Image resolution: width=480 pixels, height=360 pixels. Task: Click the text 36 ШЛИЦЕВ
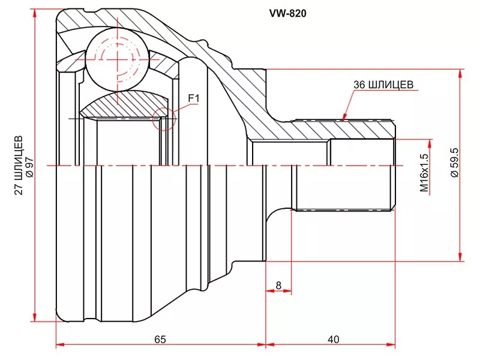pos(383,85)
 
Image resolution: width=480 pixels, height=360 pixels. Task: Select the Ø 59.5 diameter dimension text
pos(454,162)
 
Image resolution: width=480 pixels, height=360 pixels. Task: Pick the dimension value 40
pos(332,340)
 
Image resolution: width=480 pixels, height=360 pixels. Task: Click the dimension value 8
pos(278,286)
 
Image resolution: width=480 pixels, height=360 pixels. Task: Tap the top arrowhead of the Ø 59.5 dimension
pos(460,73)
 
